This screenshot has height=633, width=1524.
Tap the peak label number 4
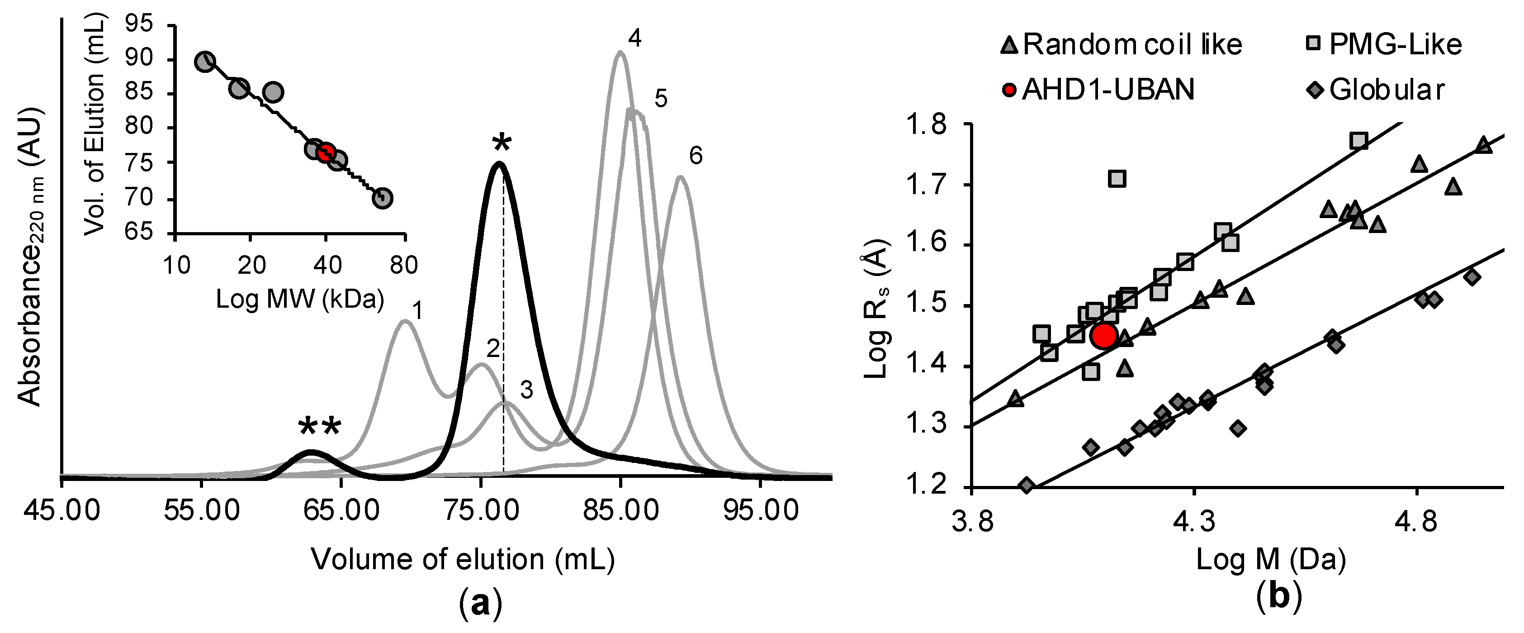[x=634, y=39]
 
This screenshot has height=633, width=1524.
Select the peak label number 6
[x=696, y=156]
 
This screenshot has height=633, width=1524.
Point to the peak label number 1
[x=418, y=310]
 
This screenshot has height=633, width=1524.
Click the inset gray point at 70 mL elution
[x=383, y=198]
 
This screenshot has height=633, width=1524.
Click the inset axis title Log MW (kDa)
[x=300, y=299]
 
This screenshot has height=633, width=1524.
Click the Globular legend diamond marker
[x=1315, y=90]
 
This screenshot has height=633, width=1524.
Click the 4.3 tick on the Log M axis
[x=1194, y=521]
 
